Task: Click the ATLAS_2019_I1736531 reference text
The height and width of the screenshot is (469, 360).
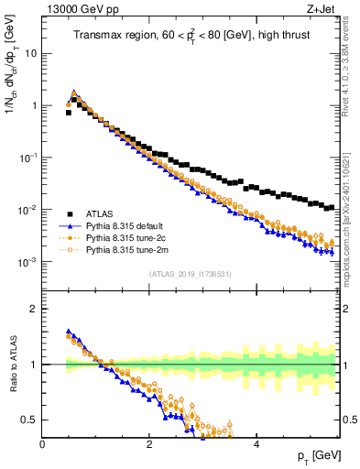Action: tap(190, 274)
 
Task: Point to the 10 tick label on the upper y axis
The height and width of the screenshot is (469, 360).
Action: tap(30, 53)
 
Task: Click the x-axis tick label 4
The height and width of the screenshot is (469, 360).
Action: tap(256, 444)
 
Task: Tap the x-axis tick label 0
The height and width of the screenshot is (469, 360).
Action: tap(43, 444)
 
